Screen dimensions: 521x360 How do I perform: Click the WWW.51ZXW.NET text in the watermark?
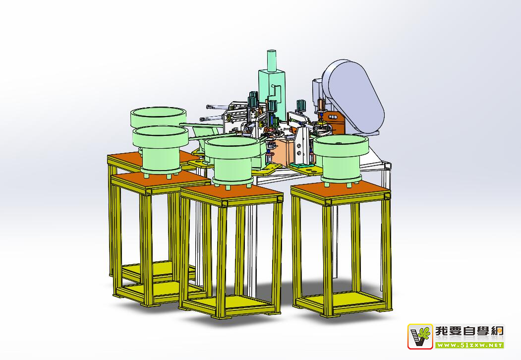(469, 345)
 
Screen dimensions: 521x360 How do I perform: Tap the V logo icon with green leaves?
(420, 336)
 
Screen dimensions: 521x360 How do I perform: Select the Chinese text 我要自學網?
(469, 331)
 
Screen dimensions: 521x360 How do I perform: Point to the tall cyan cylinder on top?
(272, 60)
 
